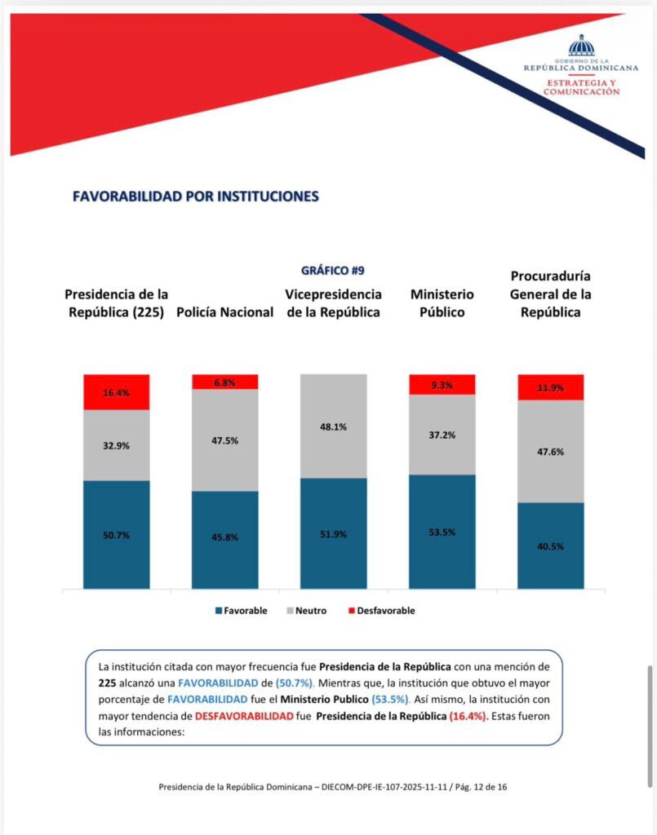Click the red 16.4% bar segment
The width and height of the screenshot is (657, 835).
pyautogui.click(x=117, y=391)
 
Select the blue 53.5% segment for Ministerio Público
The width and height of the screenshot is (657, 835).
pyautogui.click(x=442, y=531)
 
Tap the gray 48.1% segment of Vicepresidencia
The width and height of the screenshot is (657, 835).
pyautogui.click(x=334, y=426)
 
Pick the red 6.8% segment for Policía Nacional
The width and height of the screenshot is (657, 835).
pyautogui.click(x=225, y=382)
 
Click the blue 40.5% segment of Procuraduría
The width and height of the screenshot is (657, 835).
pyautogui.click(x=551, y=545)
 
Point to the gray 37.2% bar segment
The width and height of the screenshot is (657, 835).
pyautogui.click(x=442, y=435)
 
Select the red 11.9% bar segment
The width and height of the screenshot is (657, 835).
pyautogui.click(x=551, y=387)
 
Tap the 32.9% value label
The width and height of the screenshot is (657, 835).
pyautogui.click(x=117, y=446)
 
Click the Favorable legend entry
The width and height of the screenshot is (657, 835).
pyautogui.click(x=241, y=611)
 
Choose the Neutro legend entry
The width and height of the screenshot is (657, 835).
pyautogui.click(x=308, y=611)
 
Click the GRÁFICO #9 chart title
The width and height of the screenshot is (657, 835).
pyautogui.click(x=332, y=271)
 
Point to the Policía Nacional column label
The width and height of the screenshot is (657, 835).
pyautogui.click(x=224, y=313)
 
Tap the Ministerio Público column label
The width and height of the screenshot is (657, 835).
pyautogui.click(x=442, y=303)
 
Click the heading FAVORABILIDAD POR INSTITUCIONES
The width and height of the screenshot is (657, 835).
pyautogui.click(x=196, y=197)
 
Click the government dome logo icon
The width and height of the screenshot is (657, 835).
pyautogui.click(x=582, y=46)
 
